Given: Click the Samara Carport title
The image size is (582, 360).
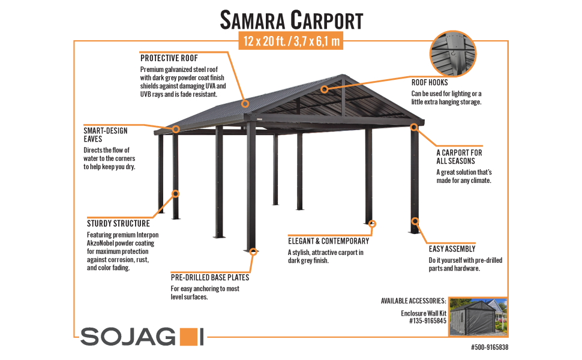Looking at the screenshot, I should click(x=291, y=20).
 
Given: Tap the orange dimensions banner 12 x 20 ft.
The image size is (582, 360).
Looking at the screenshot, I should click(x=291, y=42).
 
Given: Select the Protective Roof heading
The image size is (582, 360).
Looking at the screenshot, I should click(x=169, y=59).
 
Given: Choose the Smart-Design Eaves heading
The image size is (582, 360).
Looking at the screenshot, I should click(x=106, y=134).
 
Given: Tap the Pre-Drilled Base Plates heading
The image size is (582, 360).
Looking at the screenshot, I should click(x=210, y=278).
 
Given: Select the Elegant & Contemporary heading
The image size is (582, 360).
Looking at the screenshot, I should click(x=329, y=241).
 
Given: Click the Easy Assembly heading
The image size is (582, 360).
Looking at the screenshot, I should click(x=452, y=248).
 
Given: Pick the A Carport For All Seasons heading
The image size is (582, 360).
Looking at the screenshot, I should click(x=459, y=157).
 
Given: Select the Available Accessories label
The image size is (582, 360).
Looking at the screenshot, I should click(x=413, y=301).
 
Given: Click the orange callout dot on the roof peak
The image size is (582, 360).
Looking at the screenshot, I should click(x=325, y=89).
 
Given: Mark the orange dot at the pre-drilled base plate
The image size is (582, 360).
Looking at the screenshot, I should click(x=254, y=253).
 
